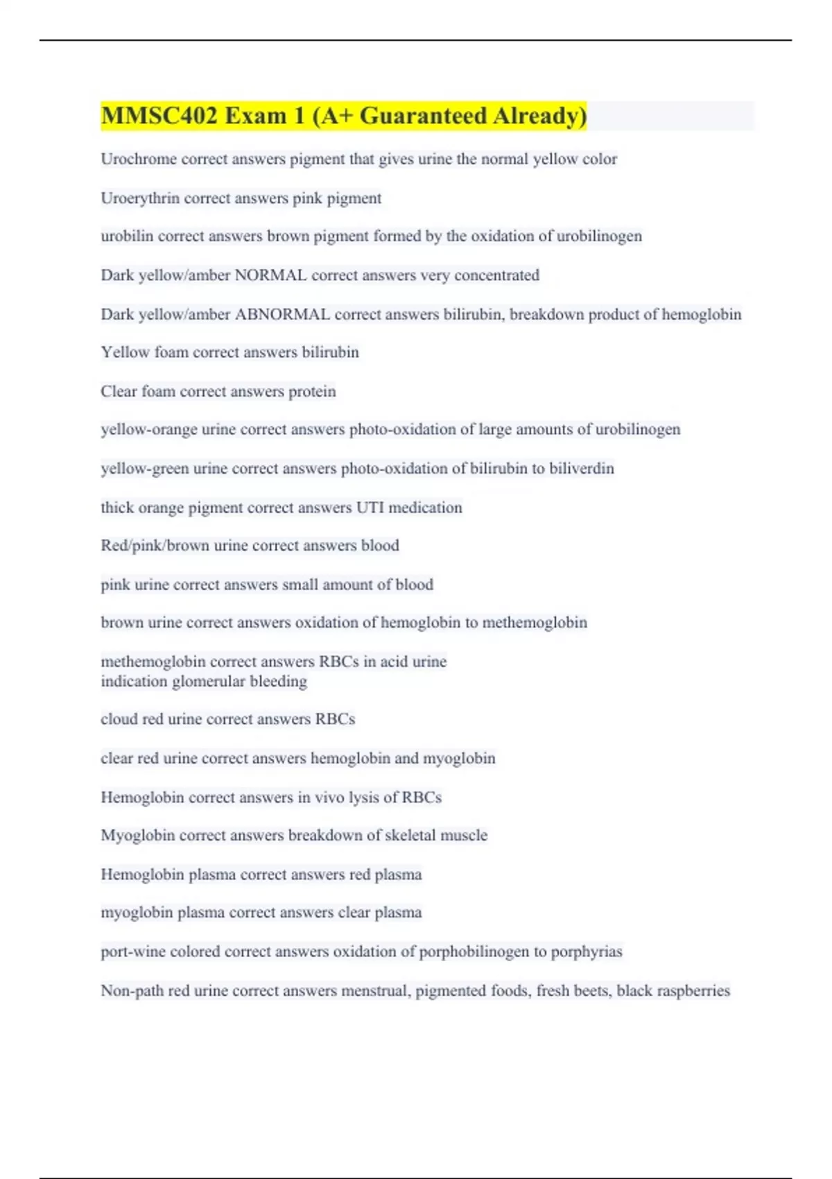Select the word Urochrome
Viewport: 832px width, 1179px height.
click(139, 160)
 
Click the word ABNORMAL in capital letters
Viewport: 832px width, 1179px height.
click(282, 315)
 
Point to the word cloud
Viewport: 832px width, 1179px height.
click(119, 719)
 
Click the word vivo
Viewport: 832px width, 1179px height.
click(330, 798)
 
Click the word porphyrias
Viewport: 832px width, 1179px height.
click(587, 952)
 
